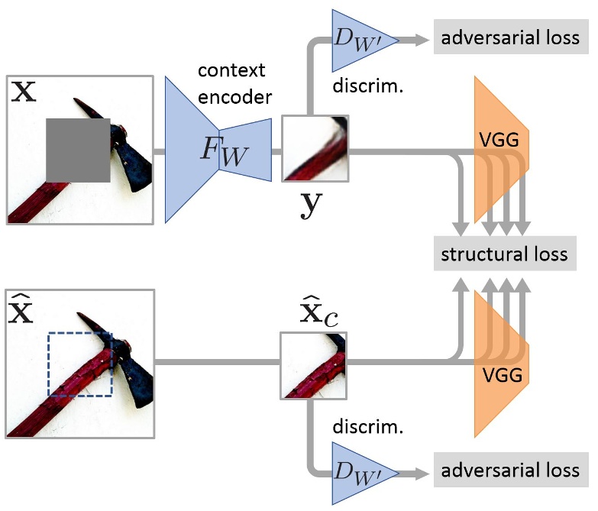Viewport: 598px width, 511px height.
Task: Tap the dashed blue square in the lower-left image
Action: pyautogui.click(x=80, y=364)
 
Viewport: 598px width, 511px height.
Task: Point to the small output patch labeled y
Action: pyautogui.click(x=315, y=148)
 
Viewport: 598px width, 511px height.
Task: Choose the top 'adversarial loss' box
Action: pyautogui.click(x=511, y=37)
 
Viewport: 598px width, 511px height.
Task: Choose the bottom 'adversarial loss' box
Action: pyautogui.click(x=511, y=471)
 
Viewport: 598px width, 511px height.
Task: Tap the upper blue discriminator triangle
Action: pyautogui.click(x=354, y=37)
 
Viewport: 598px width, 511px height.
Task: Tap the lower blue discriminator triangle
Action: pyautogui.click(x=354, y=471)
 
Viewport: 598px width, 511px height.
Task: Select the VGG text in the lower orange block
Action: pyautogui.click(x=502, y=377)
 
